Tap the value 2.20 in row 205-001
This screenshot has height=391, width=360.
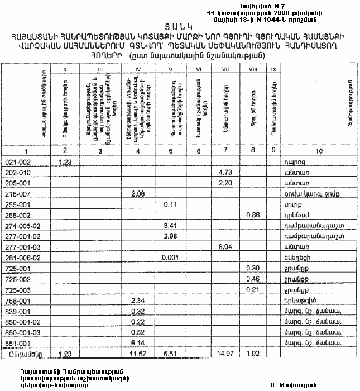pos(225,183)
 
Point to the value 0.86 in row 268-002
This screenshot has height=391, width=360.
pos(253,214)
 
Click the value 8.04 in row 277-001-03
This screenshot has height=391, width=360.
pos(225,246)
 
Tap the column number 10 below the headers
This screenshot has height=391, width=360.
pos(319,151)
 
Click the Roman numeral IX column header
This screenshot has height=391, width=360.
pos(272,69)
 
